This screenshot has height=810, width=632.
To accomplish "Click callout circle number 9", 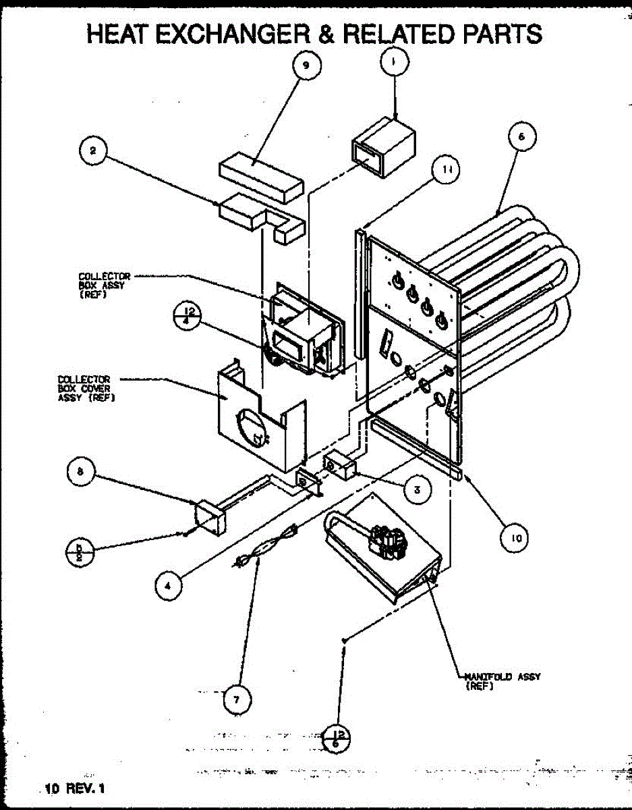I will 306,67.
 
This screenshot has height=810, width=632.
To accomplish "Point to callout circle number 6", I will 521,138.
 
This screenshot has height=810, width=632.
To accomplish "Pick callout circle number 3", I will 418,490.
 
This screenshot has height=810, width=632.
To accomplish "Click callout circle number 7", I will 235,699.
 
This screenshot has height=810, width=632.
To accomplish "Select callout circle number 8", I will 80,473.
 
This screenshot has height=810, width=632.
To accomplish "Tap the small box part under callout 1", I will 382,147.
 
